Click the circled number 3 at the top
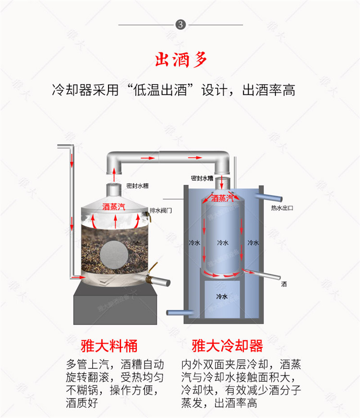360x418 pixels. tap(180, 25)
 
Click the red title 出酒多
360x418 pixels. tap(180, 60)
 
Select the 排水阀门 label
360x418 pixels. tap(160, 210)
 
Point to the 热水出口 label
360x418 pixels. tap(282, 208)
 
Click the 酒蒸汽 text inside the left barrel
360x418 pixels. tap(114, 207)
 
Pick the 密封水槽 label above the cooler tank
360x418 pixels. tap(202, 178)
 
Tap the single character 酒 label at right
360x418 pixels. tap(284, 284)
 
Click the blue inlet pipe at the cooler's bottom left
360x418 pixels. tap(176, 313)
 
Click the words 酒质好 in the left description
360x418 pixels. tap(82, 403)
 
